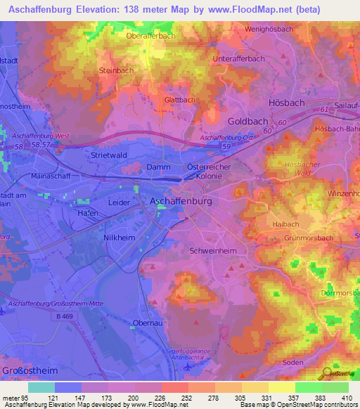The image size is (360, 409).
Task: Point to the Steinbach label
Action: tap(117, 71)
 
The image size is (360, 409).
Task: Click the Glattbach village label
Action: tap(179, 100)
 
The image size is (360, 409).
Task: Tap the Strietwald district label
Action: tap(108, 154)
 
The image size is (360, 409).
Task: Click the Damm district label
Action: tap(158, 167)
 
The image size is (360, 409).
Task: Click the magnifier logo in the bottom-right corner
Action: tap(328, 374)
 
